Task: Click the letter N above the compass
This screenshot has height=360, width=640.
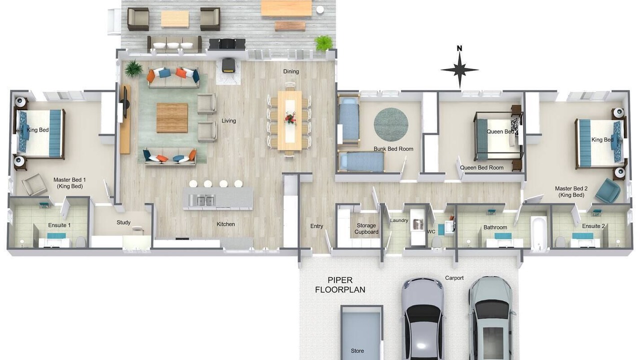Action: coord(459,48)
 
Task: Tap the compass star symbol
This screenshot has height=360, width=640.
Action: coord(459,70)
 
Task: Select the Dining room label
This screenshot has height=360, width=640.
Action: coord(291,71)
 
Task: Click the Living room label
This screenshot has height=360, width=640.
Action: coord(228,121)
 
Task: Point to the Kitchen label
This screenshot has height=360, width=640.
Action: coord(225,224)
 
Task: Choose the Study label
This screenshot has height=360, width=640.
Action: coord(123,222)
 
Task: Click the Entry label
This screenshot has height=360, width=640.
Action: coord(316,226)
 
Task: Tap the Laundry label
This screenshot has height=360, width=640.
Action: coord(399,220)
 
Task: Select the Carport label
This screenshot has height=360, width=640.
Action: coord(454,278)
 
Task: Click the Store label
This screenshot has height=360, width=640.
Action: coord(357,351)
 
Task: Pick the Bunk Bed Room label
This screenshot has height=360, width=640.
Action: coord(393,149)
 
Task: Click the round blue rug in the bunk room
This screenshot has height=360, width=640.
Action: coord(391,124)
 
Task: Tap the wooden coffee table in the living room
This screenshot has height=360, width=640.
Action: coord(172,117)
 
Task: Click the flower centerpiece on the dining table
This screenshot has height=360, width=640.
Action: coord(291,118)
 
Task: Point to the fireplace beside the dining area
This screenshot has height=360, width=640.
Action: coord(229,65)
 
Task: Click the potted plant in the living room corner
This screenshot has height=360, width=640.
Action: coord(133,68)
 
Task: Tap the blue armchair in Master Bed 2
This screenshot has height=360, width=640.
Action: coord(607,191)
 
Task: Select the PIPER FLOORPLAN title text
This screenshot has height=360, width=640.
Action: coord(340,285)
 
